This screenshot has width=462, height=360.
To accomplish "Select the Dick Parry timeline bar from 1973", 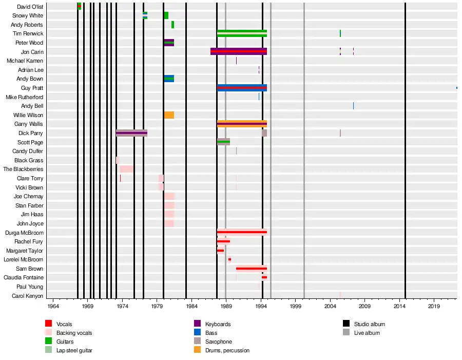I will (x=131, y=133).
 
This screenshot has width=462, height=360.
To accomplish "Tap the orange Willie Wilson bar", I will (x=169, y=115).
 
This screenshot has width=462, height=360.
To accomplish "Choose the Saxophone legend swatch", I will (x=197, y=342).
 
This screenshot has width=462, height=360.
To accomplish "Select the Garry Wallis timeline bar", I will (x=242, y=124).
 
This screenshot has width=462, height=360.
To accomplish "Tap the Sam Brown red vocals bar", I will (x=252, y=269).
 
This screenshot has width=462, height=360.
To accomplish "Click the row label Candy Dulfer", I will (x=28, y=151).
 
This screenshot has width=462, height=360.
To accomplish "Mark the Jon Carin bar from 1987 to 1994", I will (x=239, y=51).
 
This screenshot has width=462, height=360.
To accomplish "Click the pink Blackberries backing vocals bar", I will (x=127, y=169).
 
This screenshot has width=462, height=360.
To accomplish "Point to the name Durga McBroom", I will (x=24, y=233).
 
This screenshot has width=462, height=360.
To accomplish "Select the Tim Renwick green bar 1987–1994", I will (x=242, y=33).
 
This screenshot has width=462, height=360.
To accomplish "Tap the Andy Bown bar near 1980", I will (x=169, y=79).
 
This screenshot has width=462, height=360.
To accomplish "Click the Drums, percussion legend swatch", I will (x=197, y=350).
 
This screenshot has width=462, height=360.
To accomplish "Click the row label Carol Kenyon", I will (x=27, y=296).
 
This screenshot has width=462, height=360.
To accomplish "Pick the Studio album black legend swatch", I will (x=346, y=324).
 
